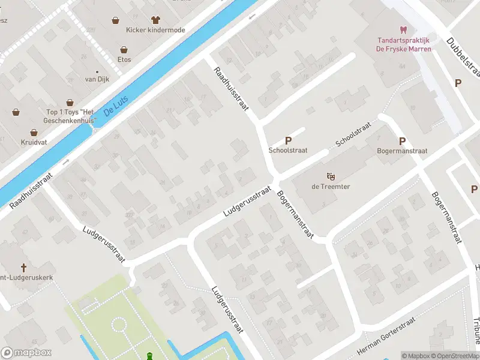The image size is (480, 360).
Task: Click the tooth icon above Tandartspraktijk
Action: [403, 29]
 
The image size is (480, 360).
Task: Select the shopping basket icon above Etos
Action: [124, 50]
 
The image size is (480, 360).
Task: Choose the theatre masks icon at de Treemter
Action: [330, 176]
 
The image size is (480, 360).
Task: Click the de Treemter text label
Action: [330, 187]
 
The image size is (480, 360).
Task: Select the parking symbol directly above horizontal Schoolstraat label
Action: [288, 140]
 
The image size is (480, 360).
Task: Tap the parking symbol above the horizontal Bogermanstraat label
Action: [403, 141]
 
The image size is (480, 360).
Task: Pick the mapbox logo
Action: [26, 353]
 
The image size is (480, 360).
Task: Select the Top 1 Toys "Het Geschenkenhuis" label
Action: [71, 116]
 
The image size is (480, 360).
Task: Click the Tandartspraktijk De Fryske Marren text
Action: [403, 44]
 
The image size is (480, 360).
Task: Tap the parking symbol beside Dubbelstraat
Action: [458, 83]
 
